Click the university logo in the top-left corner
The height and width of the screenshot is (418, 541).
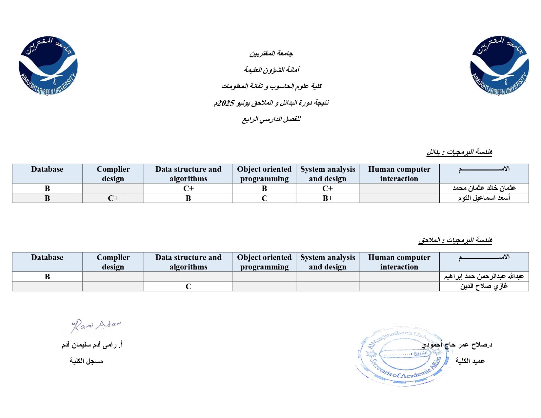click(48, 66)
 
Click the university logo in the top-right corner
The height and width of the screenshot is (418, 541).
click(499, 65)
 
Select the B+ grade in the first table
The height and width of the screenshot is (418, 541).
click(328, 198)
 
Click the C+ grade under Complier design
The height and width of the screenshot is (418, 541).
click(113, 198)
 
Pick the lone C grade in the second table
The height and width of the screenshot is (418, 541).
click(188, 286)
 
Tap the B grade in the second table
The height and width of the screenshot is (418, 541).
click(47, 276)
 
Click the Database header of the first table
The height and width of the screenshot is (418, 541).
click(47, 169)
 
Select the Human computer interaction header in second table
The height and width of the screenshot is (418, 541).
click(399, 262)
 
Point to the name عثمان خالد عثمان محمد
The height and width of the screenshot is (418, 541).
click(484, 188)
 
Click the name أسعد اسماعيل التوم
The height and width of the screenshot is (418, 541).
click(484, 198)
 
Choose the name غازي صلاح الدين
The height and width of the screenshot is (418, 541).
click(484, 286)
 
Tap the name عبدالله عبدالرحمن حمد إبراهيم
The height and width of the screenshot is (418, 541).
click(484, 276)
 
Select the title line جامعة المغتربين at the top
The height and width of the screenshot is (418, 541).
click(271, 53)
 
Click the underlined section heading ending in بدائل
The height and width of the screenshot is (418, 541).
click(459, 152)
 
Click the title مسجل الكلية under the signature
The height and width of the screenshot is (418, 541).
click(86, 361)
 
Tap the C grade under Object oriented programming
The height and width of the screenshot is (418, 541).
click(264, 198)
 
